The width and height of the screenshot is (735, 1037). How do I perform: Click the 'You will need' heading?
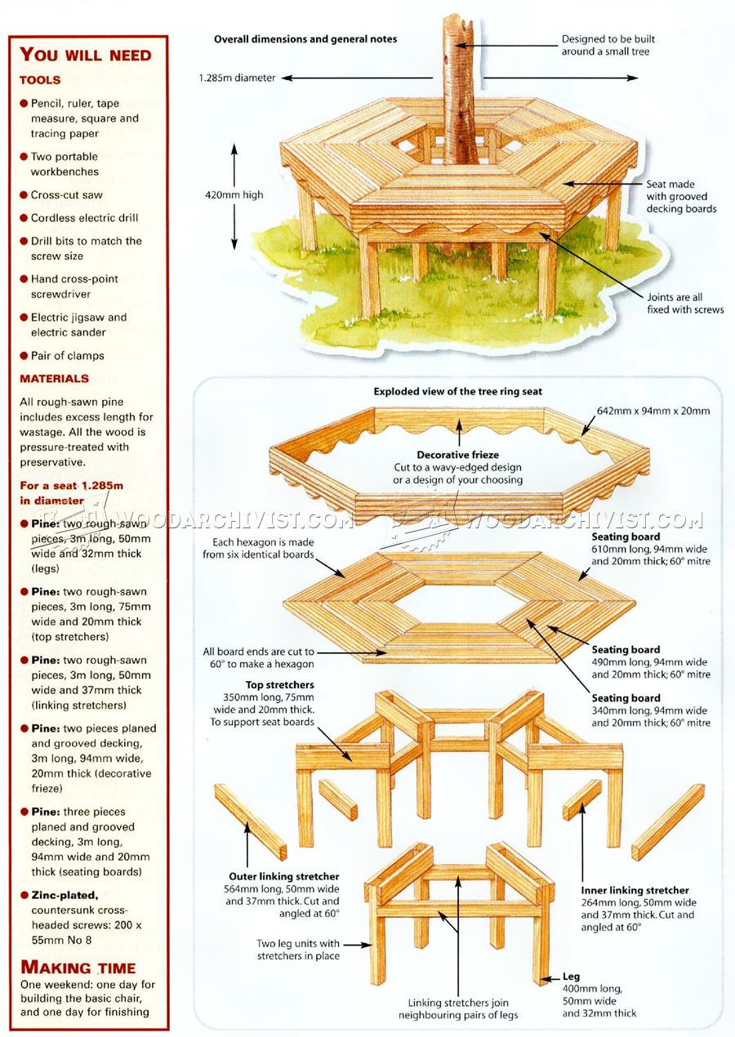[86, 55]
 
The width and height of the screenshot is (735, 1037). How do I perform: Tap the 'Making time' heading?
[78, 968]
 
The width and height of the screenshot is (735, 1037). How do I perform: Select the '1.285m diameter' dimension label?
[237, 78]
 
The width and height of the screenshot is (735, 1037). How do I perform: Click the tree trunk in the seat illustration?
[459, 90]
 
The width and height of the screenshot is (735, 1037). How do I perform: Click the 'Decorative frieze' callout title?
[457, 455]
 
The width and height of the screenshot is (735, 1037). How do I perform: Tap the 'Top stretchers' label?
[279, 685]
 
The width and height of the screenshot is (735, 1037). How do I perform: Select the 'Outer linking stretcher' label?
[283, 876]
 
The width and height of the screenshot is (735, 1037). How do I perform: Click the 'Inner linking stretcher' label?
[635, 890]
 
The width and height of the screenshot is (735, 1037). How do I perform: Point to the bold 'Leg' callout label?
[571, 977]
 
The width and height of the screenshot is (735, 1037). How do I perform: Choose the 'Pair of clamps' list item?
[68, 355]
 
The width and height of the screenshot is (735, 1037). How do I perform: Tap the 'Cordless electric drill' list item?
[85, 218]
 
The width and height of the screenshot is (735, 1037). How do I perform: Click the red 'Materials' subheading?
[55, 379]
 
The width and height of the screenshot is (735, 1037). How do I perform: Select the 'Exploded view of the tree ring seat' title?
[457, 391]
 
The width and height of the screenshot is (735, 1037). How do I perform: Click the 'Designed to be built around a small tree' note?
[608, 45]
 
